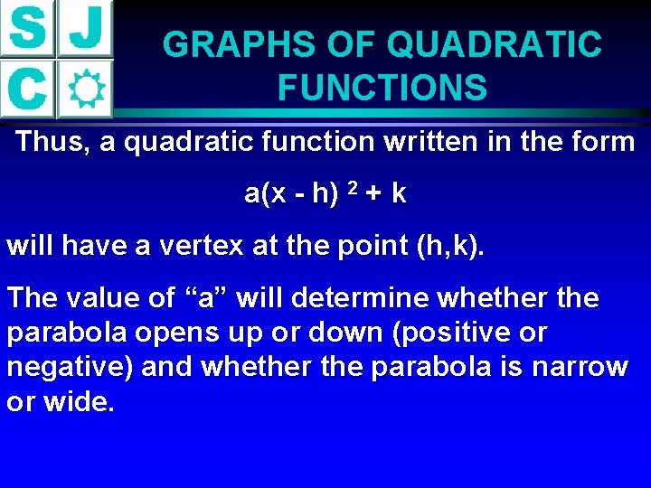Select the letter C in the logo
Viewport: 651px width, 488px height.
[28, 89]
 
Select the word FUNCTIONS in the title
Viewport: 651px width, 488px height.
[382, 88]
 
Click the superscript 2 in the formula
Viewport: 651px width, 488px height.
[354, 189]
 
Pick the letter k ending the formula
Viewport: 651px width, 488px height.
[399, 194]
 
